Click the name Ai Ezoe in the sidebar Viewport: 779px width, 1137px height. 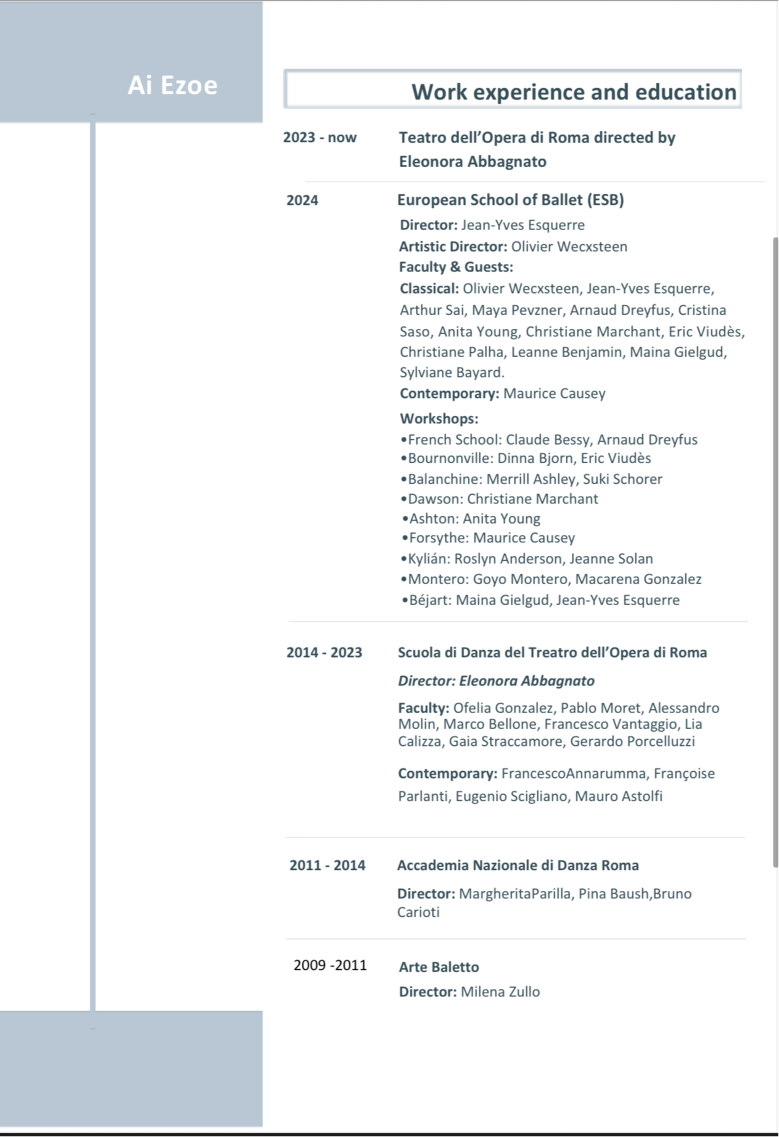tap(173, 85)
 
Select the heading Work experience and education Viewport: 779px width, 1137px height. tap(574, 92)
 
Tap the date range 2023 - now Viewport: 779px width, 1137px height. tap(319, 138)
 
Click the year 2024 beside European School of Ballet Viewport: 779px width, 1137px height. tap(302, 201)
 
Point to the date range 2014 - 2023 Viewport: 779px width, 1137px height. tap(324, 653)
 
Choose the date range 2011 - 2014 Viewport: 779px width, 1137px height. tap(327, 866)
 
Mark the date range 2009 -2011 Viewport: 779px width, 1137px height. tap(330, 965)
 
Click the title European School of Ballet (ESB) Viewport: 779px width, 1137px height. tap(510, 200)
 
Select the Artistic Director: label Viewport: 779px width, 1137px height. tap(453, 247)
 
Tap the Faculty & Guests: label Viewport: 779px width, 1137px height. tap(456, 267)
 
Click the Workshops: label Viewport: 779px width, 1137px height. tap(439, 419)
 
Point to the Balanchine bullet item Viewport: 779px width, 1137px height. tap(531, 479)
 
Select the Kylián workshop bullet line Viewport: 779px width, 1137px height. tap(526, 559)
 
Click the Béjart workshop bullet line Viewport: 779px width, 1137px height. tap(540, 600)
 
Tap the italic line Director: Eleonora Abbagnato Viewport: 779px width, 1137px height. tap(496, 681)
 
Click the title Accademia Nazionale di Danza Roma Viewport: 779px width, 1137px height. tap(517, 866)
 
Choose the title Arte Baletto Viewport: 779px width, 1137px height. tap(439, 967)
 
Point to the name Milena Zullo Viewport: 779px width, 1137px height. tap(500, 992)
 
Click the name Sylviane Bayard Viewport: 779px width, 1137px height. tap(451, 373)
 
